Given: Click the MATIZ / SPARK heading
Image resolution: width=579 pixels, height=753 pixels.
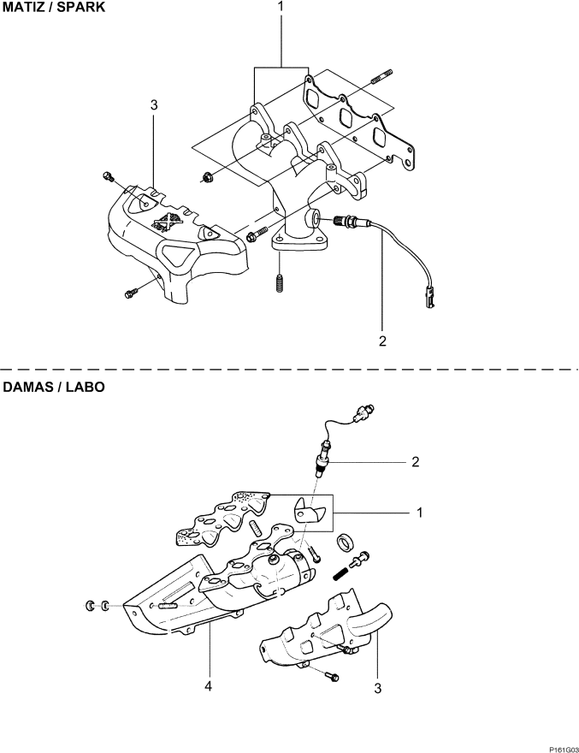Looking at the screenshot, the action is pos(54,8).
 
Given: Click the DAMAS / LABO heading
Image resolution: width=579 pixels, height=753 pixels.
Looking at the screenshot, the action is pos(54,387).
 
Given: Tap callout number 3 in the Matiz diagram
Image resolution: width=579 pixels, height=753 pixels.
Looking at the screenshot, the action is pos(154,104).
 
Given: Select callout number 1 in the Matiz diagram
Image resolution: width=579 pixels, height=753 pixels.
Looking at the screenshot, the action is pos(281,7).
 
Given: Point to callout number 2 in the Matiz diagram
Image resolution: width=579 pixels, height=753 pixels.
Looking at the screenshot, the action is pos(382,341).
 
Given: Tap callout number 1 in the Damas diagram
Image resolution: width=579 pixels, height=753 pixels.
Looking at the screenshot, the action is pos(420,513).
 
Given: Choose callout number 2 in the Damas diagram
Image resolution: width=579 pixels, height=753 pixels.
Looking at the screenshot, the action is pos(416,462).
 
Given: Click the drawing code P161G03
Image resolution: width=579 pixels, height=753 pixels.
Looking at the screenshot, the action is pos(564,749).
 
